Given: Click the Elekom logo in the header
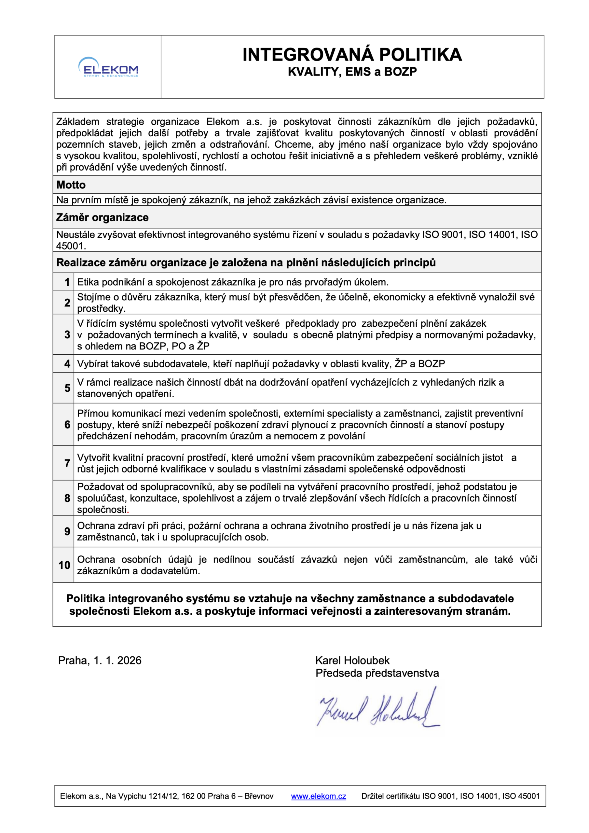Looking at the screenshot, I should click(x=108, y=67).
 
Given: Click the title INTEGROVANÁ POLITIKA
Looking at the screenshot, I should click(x=352, y=55).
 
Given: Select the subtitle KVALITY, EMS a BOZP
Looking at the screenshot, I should click(x=352, y=72).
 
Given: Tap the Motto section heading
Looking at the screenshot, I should click(x=71, y=185).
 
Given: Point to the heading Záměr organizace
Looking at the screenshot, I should click(x=102, y=217).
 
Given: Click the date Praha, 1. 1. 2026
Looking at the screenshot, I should click(x=100, y=660).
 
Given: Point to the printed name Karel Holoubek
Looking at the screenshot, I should click(x=352, y=660).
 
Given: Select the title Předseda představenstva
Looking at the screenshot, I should click(x=377, y=673).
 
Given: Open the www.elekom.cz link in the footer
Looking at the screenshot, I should click(x=318, y=796).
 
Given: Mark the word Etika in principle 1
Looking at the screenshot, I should click(x=87, y=282).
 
